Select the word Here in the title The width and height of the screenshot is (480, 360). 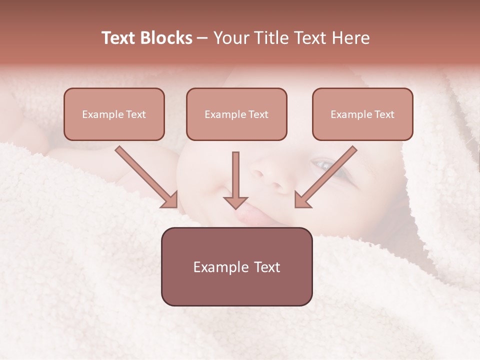click(349, 38)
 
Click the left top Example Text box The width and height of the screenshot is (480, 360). click(114, 114)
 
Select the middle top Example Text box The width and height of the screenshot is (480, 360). click(236, 114)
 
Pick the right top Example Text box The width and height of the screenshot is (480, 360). click(362, 114)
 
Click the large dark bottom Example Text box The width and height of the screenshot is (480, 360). click(236, 266)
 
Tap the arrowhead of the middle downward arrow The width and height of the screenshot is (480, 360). click(235, 202)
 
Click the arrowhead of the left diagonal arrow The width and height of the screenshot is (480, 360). click(170, 200)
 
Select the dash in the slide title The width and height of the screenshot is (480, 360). click(202, 38)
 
